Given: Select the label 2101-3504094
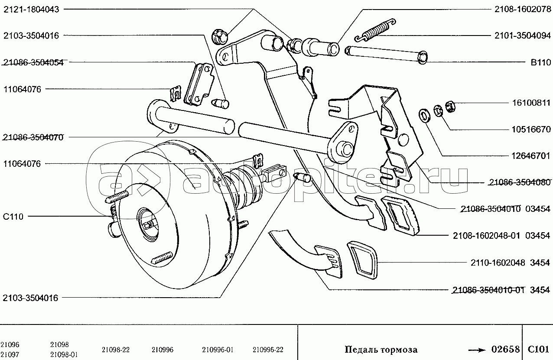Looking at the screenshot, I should tap(523, 36).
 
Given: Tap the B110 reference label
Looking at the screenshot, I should tap(541, 62).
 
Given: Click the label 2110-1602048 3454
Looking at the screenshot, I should tap(511, 263).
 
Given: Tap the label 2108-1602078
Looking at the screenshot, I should tap(523, 9).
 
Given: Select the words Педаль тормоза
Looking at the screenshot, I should tap(381, 349).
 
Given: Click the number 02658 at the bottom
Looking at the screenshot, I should tap(505, 349).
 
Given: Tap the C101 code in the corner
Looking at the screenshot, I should tap(538, 349).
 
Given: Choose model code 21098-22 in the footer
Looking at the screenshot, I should tap(116, 350).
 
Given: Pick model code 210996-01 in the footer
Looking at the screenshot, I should tap(218, 350).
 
